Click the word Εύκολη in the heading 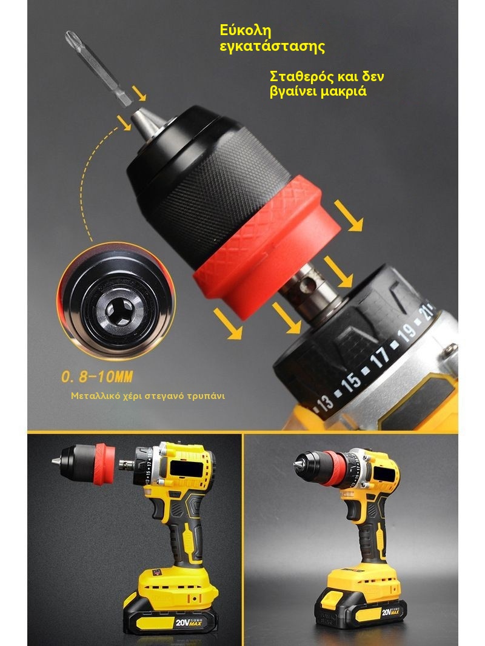(x=246, y=31)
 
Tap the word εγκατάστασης (x=272, y=47)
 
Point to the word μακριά (x=342, y=91)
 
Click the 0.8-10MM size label (x=98, y=377)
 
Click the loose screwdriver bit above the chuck (x=98, y=68)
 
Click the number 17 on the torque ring (x=380, y=357)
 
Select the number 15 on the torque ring (x=351, y=381)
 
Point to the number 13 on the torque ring (x=325, y=403)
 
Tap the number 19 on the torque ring (x=408, y=332)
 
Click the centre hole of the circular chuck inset (x=119, y=310)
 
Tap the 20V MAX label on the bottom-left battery (x=188, y=622)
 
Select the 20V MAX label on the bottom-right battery (x=389, y=612)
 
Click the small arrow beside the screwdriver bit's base (x=140, y=93)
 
